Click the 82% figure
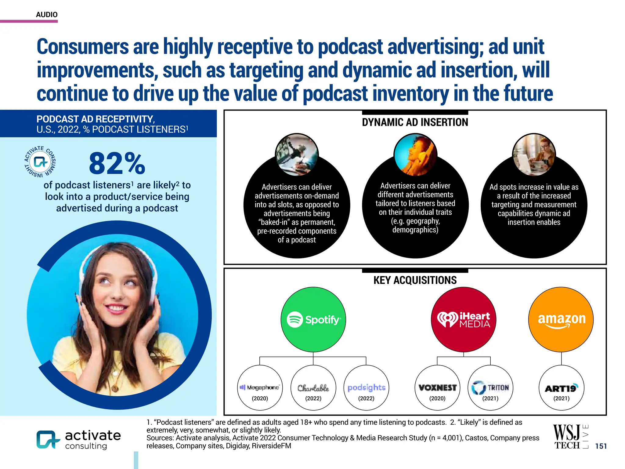117,164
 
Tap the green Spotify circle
313,319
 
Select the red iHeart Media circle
463,319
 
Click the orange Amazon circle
561,319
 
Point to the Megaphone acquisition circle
260,388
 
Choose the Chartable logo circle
313,388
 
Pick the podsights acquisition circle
366,388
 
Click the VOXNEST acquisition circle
437,388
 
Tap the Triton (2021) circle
490,388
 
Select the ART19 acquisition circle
561,388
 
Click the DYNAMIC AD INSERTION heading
415,122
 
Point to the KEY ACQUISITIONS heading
415,280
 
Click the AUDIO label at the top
47,15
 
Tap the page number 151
601,446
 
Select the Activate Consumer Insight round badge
40,162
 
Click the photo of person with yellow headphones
415,155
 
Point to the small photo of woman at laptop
534,155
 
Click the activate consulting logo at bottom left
79,439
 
